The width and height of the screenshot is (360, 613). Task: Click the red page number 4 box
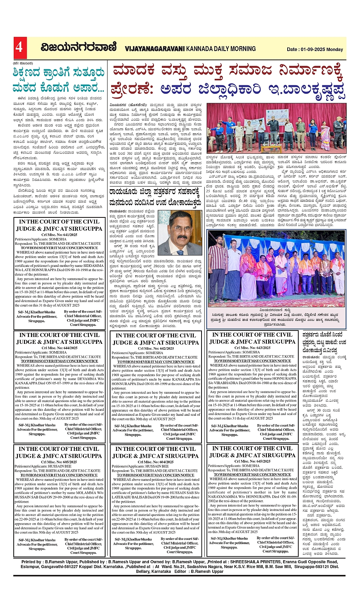coord(19,48)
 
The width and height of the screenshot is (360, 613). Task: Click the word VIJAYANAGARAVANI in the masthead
coord(155,49)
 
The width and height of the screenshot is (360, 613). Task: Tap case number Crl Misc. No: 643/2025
coord(252,348)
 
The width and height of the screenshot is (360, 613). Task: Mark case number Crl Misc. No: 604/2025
coord(156,462)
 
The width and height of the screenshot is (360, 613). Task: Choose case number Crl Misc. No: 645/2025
coord(252,461)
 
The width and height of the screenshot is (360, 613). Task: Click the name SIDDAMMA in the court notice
coord(88,265)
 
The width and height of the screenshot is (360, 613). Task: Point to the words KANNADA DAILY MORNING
coord(221,49)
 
